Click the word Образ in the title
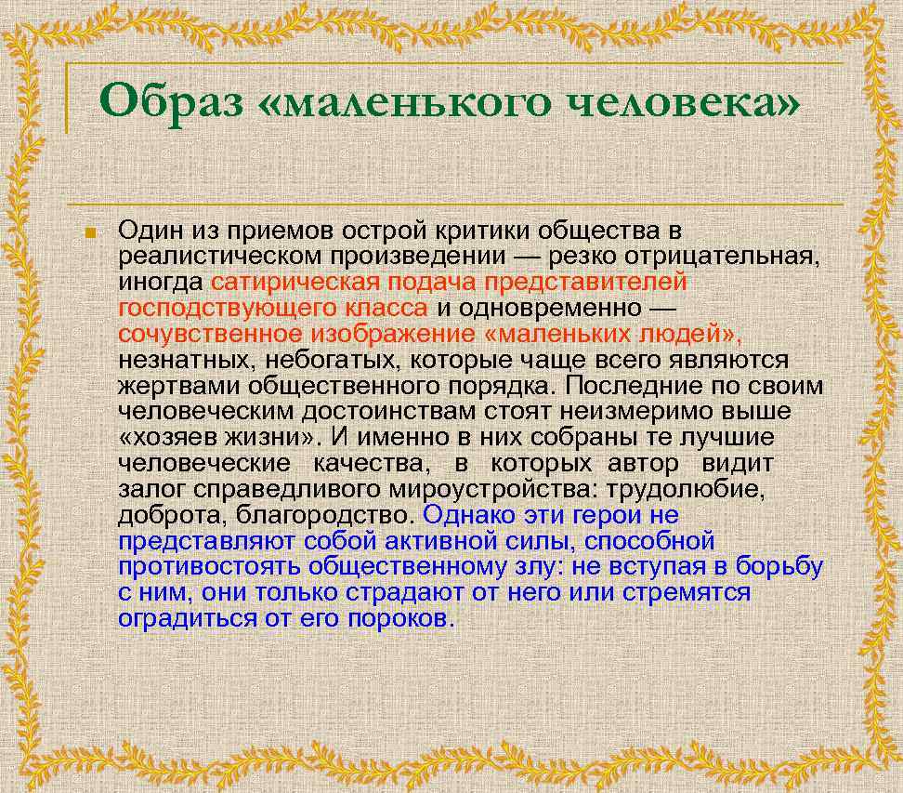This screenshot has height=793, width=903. pos(172,99)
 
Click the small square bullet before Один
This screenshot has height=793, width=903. pos(90,231)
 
